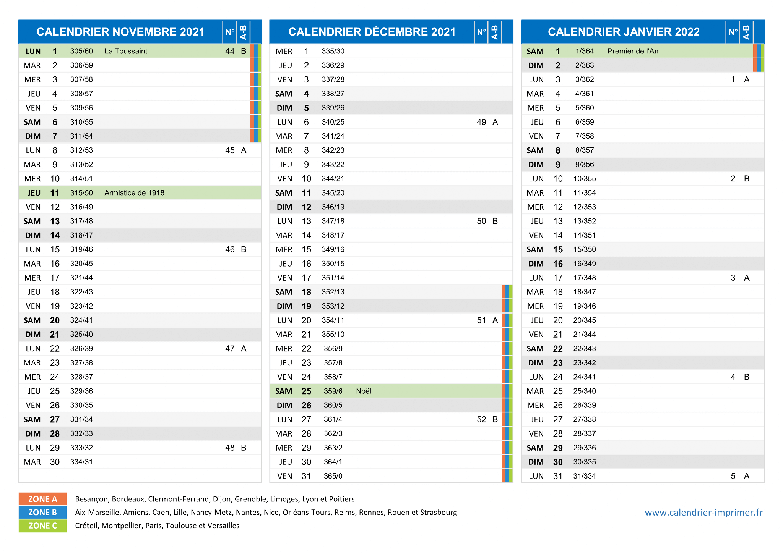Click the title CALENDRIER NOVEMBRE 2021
tap(120, 32)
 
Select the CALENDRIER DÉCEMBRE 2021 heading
tap(372, 32)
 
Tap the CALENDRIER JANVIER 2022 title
tap(624, 32)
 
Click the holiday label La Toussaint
tap(126, 51)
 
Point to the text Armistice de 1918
tap(134, 193)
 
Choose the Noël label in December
tap(364, 391)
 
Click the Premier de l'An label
tap(633, 51)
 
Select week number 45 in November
tap(230, 150)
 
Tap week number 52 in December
tap(481, 419)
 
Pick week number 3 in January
tap(733, 278)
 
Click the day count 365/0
tap(333, 476)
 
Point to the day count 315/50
tap(81, 193)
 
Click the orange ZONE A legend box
tap(42, 499)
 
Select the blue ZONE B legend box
tap(42, 513)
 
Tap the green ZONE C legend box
tap(42, 526)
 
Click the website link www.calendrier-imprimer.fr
tap(703, 513)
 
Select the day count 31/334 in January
tap(585, 476)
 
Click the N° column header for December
tap(481, 32)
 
